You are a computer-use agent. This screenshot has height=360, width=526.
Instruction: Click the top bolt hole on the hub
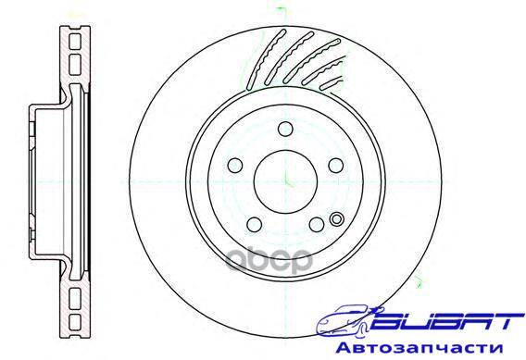pyautogui.click(x=285, y=130)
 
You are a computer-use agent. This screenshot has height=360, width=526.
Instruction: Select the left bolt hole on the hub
pyautogui.click(x=235, y=166)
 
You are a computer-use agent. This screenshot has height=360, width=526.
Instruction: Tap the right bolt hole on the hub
pyautogui.click(x=336, y=166)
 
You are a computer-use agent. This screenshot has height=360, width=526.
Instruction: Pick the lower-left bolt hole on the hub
pyautogui.click(x=255, y=225)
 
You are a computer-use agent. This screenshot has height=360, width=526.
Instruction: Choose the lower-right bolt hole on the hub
pyautogui.click(x=317, y=225)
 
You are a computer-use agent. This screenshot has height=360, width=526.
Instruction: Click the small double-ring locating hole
pyautogui.click(x=337, y=219)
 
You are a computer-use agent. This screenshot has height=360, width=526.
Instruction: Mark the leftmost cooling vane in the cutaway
pyautogui.click(x=266, y=60)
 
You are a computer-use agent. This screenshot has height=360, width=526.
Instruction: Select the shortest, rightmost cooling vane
pyautogui.click(x=332, y=84)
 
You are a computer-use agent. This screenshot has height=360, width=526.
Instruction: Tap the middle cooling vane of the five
pyautogui.click(x=312, y=61)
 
